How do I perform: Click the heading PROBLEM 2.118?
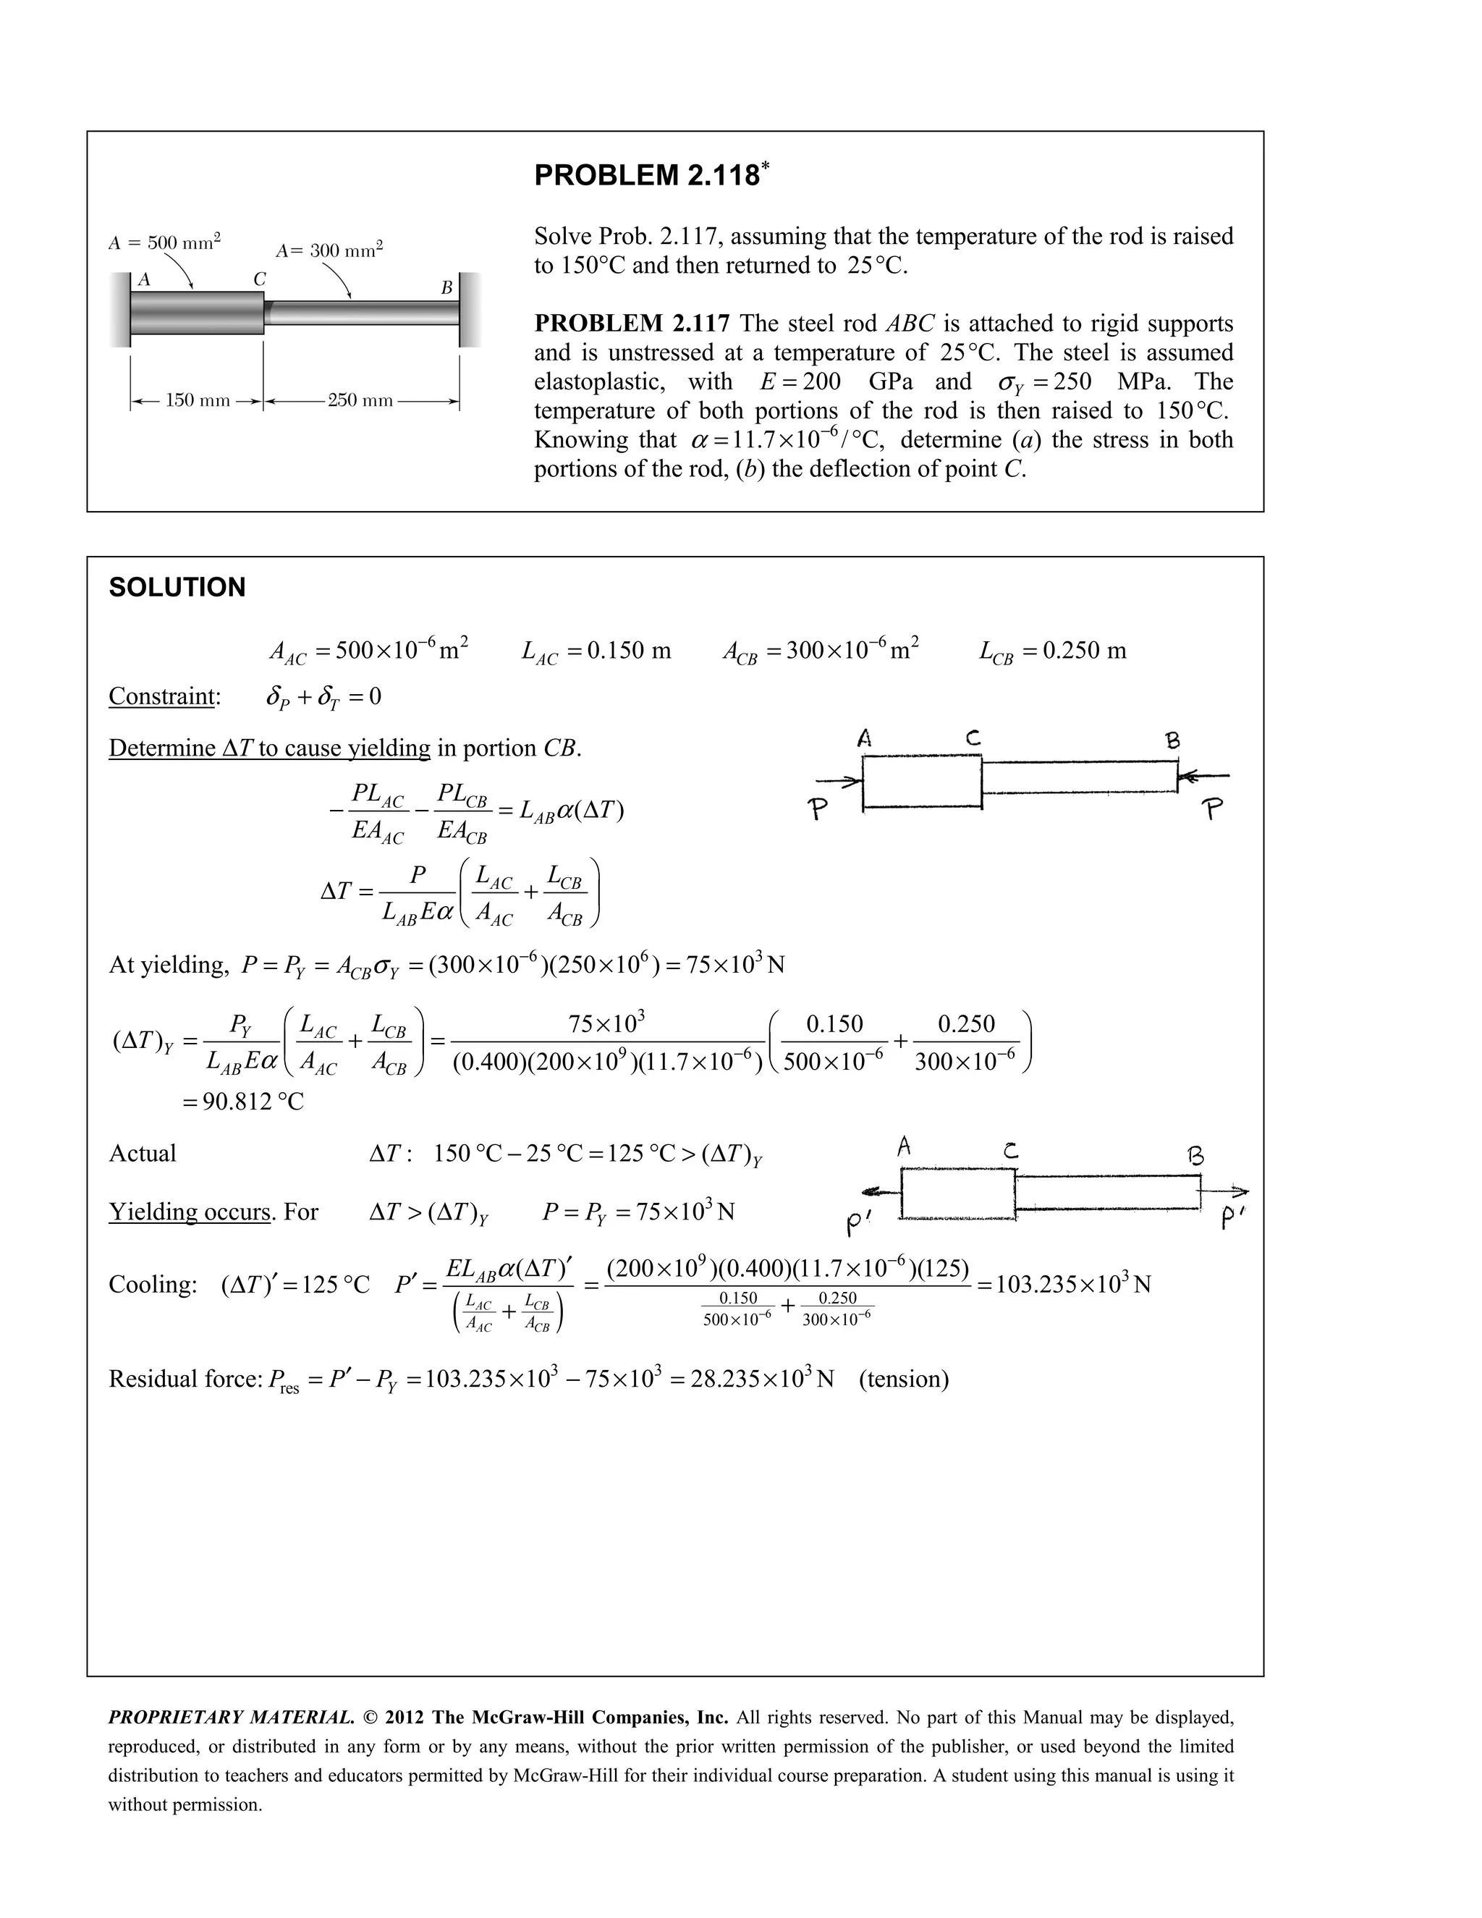pos(646,176)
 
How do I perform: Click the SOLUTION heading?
pos(177,588)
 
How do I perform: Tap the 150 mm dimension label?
pos(198,400)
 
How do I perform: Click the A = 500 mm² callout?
pos(164,242)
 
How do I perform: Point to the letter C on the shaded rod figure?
pos(259,279)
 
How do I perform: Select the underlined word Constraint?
pos(161,696)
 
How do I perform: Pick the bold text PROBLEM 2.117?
pos(631,324)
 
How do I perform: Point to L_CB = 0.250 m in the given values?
pos(1051,651)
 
